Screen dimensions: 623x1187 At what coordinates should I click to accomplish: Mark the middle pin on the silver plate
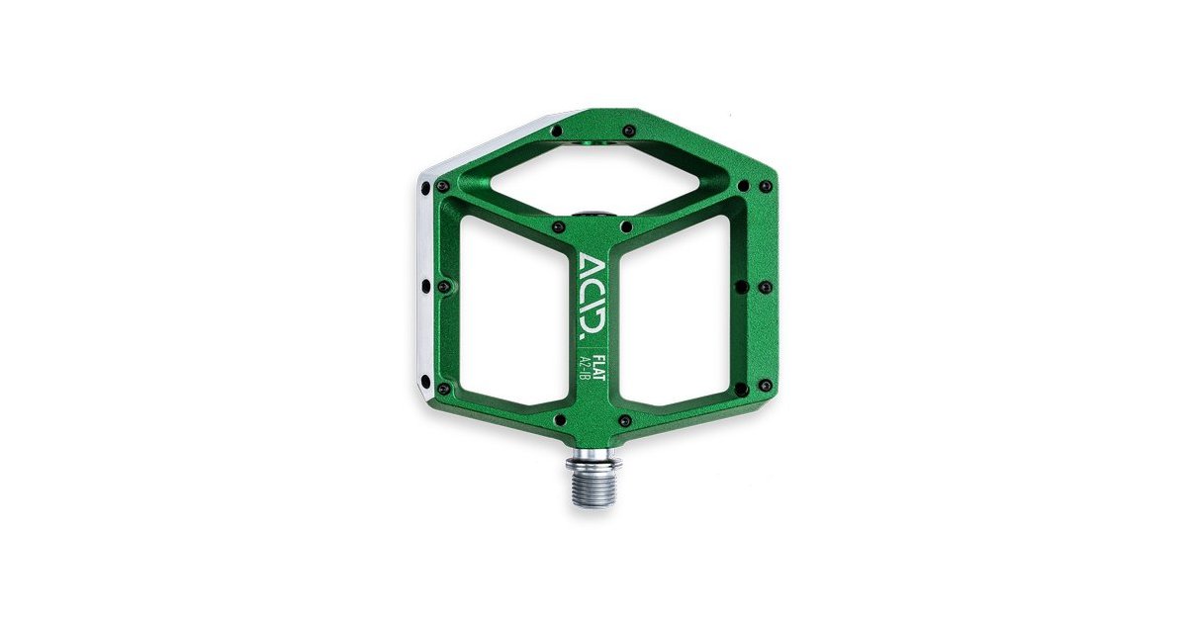(x=425, y=287)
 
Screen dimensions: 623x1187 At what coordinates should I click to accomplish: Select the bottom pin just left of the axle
(x=559, y=420)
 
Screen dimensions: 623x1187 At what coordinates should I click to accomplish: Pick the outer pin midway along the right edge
(x=765, y=287)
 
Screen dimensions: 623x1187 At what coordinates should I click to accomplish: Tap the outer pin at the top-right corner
(x=765, y=185)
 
